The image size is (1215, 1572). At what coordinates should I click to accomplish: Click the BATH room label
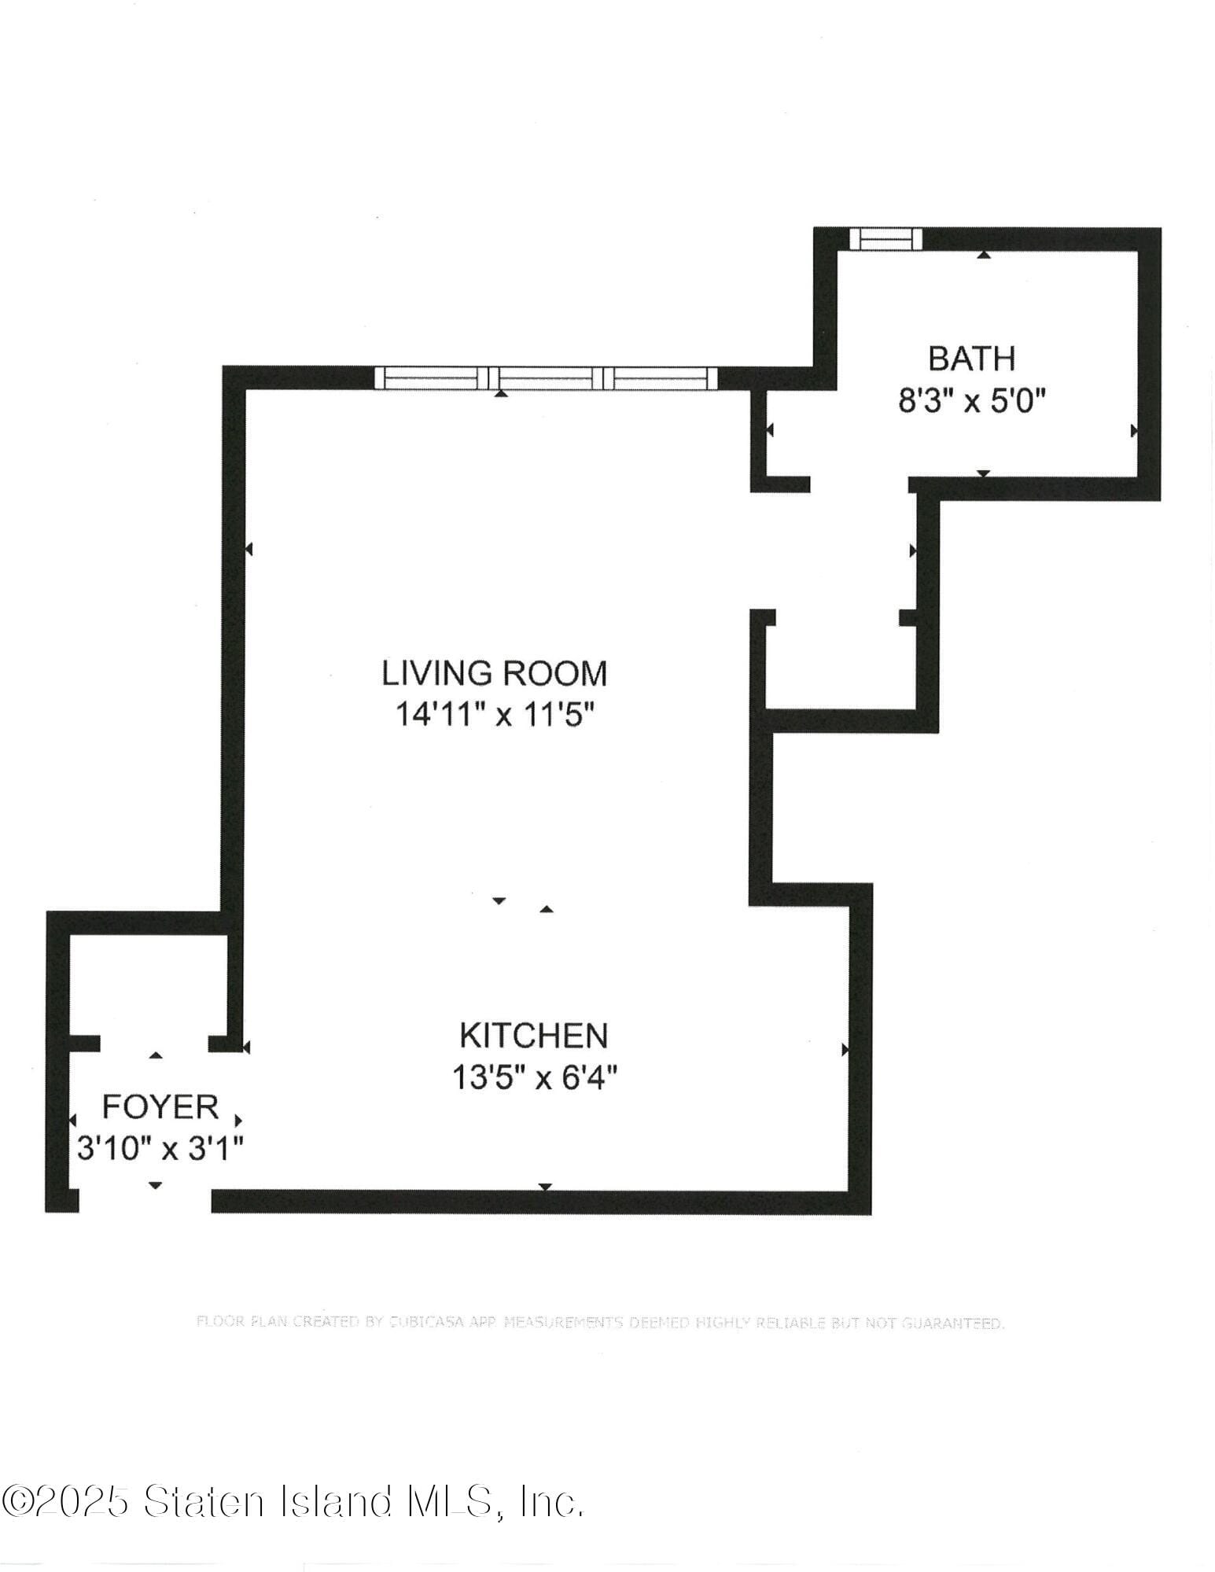971,359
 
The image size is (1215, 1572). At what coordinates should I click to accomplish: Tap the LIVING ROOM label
494,673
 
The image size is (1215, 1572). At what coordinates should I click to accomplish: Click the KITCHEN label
533,1036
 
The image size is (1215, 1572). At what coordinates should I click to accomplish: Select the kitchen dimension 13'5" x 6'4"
533,1077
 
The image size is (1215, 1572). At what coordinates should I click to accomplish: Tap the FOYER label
160,1107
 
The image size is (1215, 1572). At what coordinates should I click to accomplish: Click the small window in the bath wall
888,238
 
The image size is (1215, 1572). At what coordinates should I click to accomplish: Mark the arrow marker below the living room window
500,392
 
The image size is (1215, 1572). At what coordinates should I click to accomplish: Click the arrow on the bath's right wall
1134,430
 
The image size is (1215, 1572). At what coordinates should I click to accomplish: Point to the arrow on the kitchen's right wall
845,1049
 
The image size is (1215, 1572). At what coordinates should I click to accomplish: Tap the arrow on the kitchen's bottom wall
545,1187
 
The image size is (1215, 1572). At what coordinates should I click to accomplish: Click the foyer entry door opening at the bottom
145,1200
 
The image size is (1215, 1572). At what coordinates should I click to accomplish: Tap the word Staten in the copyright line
204,1502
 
